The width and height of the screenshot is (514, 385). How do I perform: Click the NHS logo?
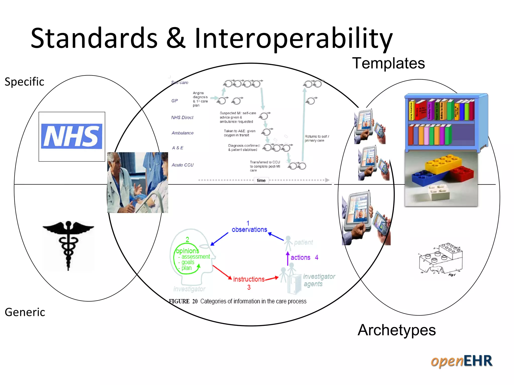click(72, 136)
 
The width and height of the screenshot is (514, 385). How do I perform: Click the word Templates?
click(388, 63)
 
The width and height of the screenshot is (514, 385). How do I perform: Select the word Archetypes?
click(397, 330)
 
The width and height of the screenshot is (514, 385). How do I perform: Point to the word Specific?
click(24, 82)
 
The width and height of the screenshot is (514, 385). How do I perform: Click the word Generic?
click(25, 312)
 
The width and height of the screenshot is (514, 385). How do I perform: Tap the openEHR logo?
click(461, 361)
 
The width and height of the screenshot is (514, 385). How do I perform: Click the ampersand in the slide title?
click(176, 38)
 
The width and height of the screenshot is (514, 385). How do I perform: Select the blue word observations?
click(249, 230)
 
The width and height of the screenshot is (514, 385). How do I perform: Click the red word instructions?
click(249, 279)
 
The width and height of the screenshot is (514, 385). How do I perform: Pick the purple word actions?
click(300, 257)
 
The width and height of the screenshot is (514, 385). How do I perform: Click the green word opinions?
click(187, 251)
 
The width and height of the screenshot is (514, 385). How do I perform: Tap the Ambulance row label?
click(182, 133)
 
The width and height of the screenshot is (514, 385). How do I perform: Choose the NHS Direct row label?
click(182, 118)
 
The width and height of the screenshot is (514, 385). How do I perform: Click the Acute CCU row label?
click(182, 165)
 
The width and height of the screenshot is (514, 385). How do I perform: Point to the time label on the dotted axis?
click(261, 180)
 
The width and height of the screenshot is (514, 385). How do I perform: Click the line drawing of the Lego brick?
click(441, 259)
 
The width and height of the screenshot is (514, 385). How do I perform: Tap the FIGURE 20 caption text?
click(237, 301)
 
